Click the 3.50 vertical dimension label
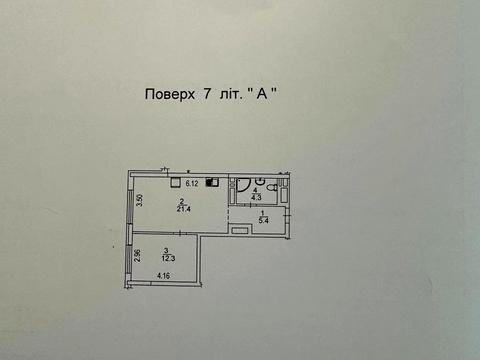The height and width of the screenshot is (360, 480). pyautogui.click(x=141, y=199)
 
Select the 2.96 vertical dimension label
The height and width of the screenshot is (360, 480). pyautogui.click(x=137, y=256)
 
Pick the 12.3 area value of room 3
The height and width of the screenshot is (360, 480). pyautogui.click(x=169, y=257)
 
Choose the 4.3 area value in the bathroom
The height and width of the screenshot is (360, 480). pyautogui.click(x=255, y=197)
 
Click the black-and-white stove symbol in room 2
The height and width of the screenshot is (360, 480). pyautogui.click(x=211, y=183)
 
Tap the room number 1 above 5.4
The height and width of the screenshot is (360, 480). pyautogui.click(x=262, y=213)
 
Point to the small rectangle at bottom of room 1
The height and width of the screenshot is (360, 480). pyautogui.click(x=241, y=231)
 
